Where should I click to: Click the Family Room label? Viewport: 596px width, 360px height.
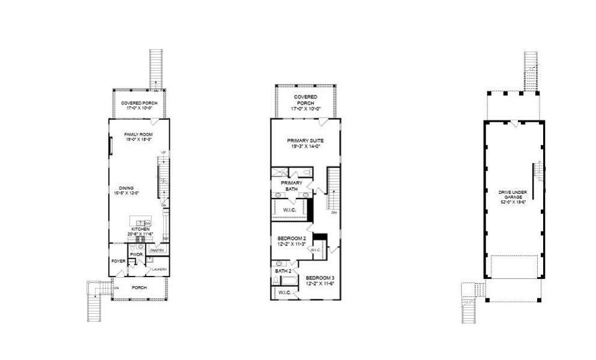136,134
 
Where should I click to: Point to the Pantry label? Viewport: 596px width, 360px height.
157,250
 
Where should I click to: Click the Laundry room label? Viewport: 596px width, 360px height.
159,269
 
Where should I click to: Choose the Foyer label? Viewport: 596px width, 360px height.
118,262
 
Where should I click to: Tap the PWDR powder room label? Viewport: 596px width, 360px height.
136,254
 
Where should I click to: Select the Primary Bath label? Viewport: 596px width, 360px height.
292,185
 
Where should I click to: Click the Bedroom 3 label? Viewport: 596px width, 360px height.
321,278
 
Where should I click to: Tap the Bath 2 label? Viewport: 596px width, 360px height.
283,271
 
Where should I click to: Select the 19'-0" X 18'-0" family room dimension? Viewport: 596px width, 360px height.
136,139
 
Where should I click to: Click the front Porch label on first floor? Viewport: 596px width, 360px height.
139,287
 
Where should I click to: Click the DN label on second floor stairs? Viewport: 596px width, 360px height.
334,212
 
